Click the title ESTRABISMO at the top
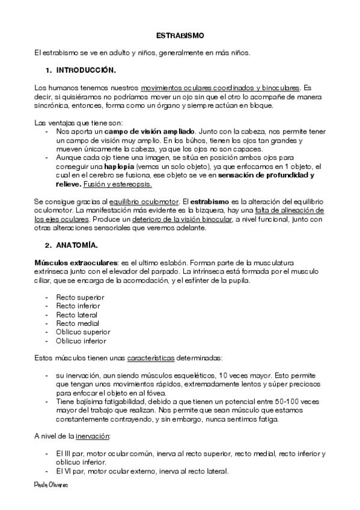click(180, 35)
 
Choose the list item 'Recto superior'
click(80, 297)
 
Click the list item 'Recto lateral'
click(77, 315)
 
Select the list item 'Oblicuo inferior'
click(82, 341)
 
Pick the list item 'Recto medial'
click(78, 324)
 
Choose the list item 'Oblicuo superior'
click(83, 332)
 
